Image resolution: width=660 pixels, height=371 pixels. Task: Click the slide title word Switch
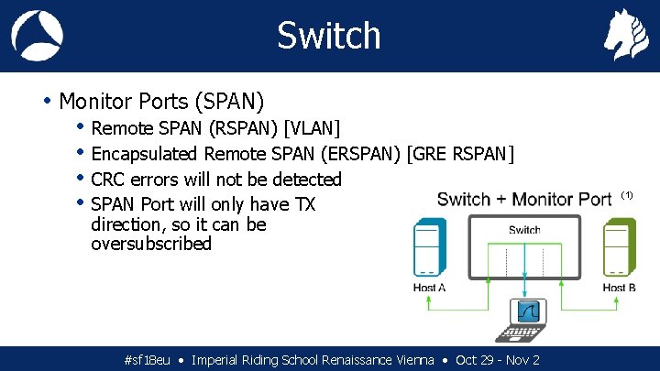point(328,36)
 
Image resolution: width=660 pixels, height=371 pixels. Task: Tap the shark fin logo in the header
point(37,36)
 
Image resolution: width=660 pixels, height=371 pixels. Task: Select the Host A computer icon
point(429,246)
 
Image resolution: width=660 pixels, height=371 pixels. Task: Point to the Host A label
point(429,288)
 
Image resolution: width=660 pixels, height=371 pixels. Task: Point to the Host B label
point(620,288)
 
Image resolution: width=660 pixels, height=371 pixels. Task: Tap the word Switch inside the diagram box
point(524,230)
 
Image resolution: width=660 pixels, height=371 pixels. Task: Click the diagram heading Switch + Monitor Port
point(524,199)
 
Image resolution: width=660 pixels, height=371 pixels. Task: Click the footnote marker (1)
point(627,195)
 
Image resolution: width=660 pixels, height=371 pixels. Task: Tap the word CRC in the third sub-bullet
point(109,179)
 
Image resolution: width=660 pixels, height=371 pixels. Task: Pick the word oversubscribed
point(151,244)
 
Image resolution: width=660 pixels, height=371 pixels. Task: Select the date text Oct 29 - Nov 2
point(498,360)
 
